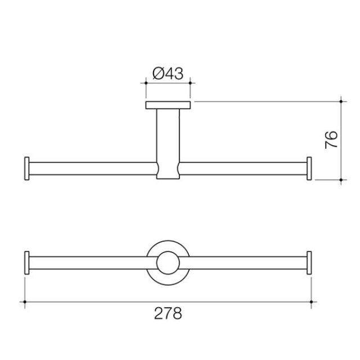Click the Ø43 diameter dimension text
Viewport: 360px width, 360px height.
click(x=168, y=73)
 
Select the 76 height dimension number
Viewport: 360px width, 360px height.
click(x=332, y=139)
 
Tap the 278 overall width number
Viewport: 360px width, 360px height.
click(x=168, y=313)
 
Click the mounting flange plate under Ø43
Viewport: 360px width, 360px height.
click(x=168, y=105)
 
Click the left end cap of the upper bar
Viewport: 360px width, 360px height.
click(x=26, y=169)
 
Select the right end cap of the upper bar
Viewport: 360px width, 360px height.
click(x=309, y=169)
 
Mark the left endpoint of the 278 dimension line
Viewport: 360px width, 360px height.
click(x=25, y=302)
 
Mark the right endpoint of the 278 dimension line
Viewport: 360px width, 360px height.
click(x=312, y=302)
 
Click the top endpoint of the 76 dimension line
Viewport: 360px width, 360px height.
click(x=341, y=102)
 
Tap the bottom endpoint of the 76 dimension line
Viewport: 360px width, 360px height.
click(x=341, y=179)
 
